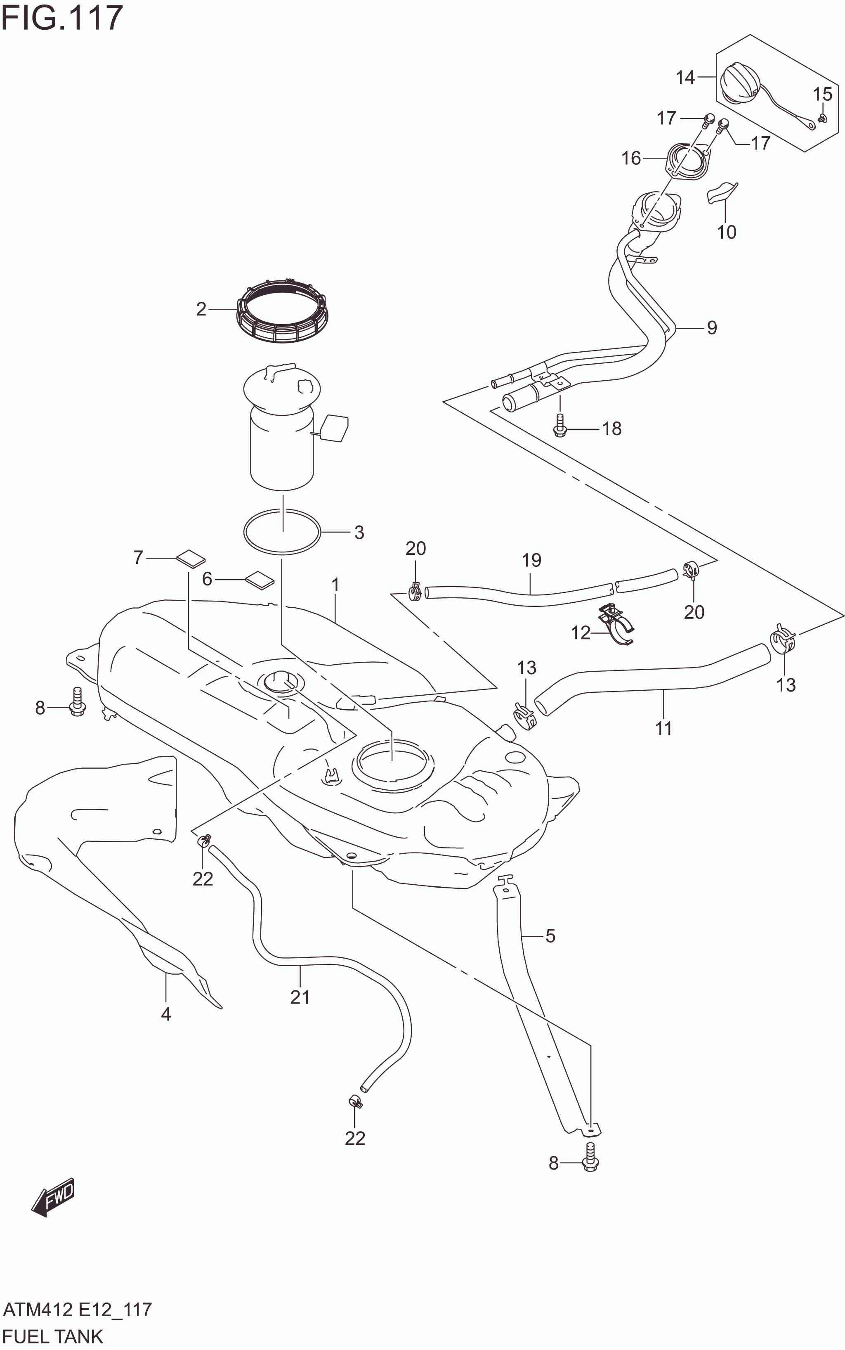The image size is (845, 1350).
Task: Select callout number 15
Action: [x=822, y=94]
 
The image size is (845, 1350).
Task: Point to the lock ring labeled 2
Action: [x=283, y=313]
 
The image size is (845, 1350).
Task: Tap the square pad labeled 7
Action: [x=191, y=558]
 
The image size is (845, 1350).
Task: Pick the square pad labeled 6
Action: [x=260, y=580]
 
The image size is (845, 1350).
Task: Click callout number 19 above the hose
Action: [x=531, y=560]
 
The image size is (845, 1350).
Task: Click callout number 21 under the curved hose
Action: [x=300, y=997]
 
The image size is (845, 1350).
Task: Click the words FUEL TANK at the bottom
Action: [x=53, y=1336]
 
